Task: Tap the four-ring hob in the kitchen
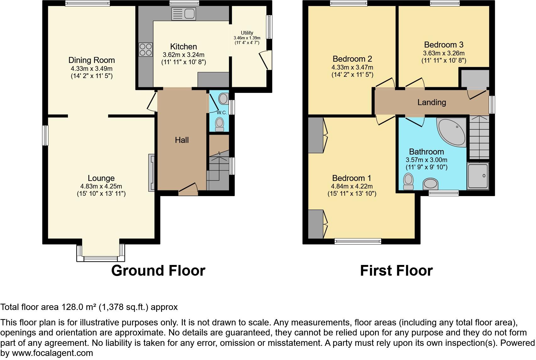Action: click(145, 49)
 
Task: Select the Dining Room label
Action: click(92, 60)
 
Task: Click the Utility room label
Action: click(247, 33)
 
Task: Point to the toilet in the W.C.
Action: click(219, 124)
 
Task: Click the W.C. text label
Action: click(221, 113)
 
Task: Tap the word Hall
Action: click(182, 140)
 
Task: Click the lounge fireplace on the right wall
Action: click(152, 172)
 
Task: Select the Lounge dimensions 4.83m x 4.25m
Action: click(101, 186)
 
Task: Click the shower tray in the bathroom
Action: click(478, 176)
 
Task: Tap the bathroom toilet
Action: click(408, 182)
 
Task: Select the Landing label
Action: click(432, 102)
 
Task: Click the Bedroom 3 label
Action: click(444, 45)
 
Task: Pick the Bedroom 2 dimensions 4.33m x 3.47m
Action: click(352, 67)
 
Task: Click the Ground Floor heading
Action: click(158, 271)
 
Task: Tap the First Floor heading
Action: click(396, 271)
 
